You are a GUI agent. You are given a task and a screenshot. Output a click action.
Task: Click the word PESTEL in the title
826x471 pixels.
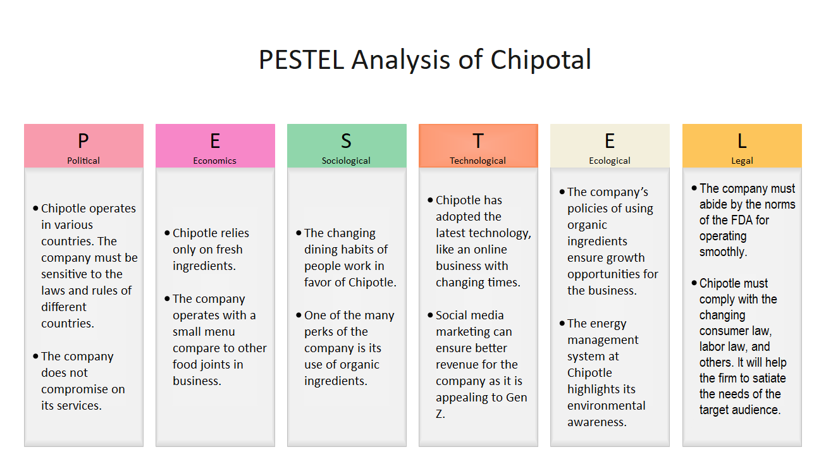(302, 60)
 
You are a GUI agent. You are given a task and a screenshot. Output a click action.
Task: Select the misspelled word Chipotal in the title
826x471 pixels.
(541, 60)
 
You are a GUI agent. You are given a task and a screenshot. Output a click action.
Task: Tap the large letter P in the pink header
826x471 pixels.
(83, 141)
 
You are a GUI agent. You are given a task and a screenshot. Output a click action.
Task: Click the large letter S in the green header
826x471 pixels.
(346, 141)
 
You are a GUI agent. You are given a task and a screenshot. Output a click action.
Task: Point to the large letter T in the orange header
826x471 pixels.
(478, 141)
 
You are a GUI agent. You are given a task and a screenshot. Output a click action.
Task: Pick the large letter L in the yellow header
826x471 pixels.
(742, 141)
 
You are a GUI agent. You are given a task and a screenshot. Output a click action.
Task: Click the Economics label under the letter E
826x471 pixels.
(215, 161)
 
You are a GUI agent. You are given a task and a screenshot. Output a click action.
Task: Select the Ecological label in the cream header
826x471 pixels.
(610, 161)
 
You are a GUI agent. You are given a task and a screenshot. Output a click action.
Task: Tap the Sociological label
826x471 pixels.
(346, 161)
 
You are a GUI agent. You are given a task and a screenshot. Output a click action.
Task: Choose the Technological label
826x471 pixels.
(478, 161)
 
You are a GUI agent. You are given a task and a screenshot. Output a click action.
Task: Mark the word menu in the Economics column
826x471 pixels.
(220, 332)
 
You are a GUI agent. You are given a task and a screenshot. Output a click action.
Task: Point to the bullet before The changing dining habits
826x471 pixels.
(299, 233)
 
